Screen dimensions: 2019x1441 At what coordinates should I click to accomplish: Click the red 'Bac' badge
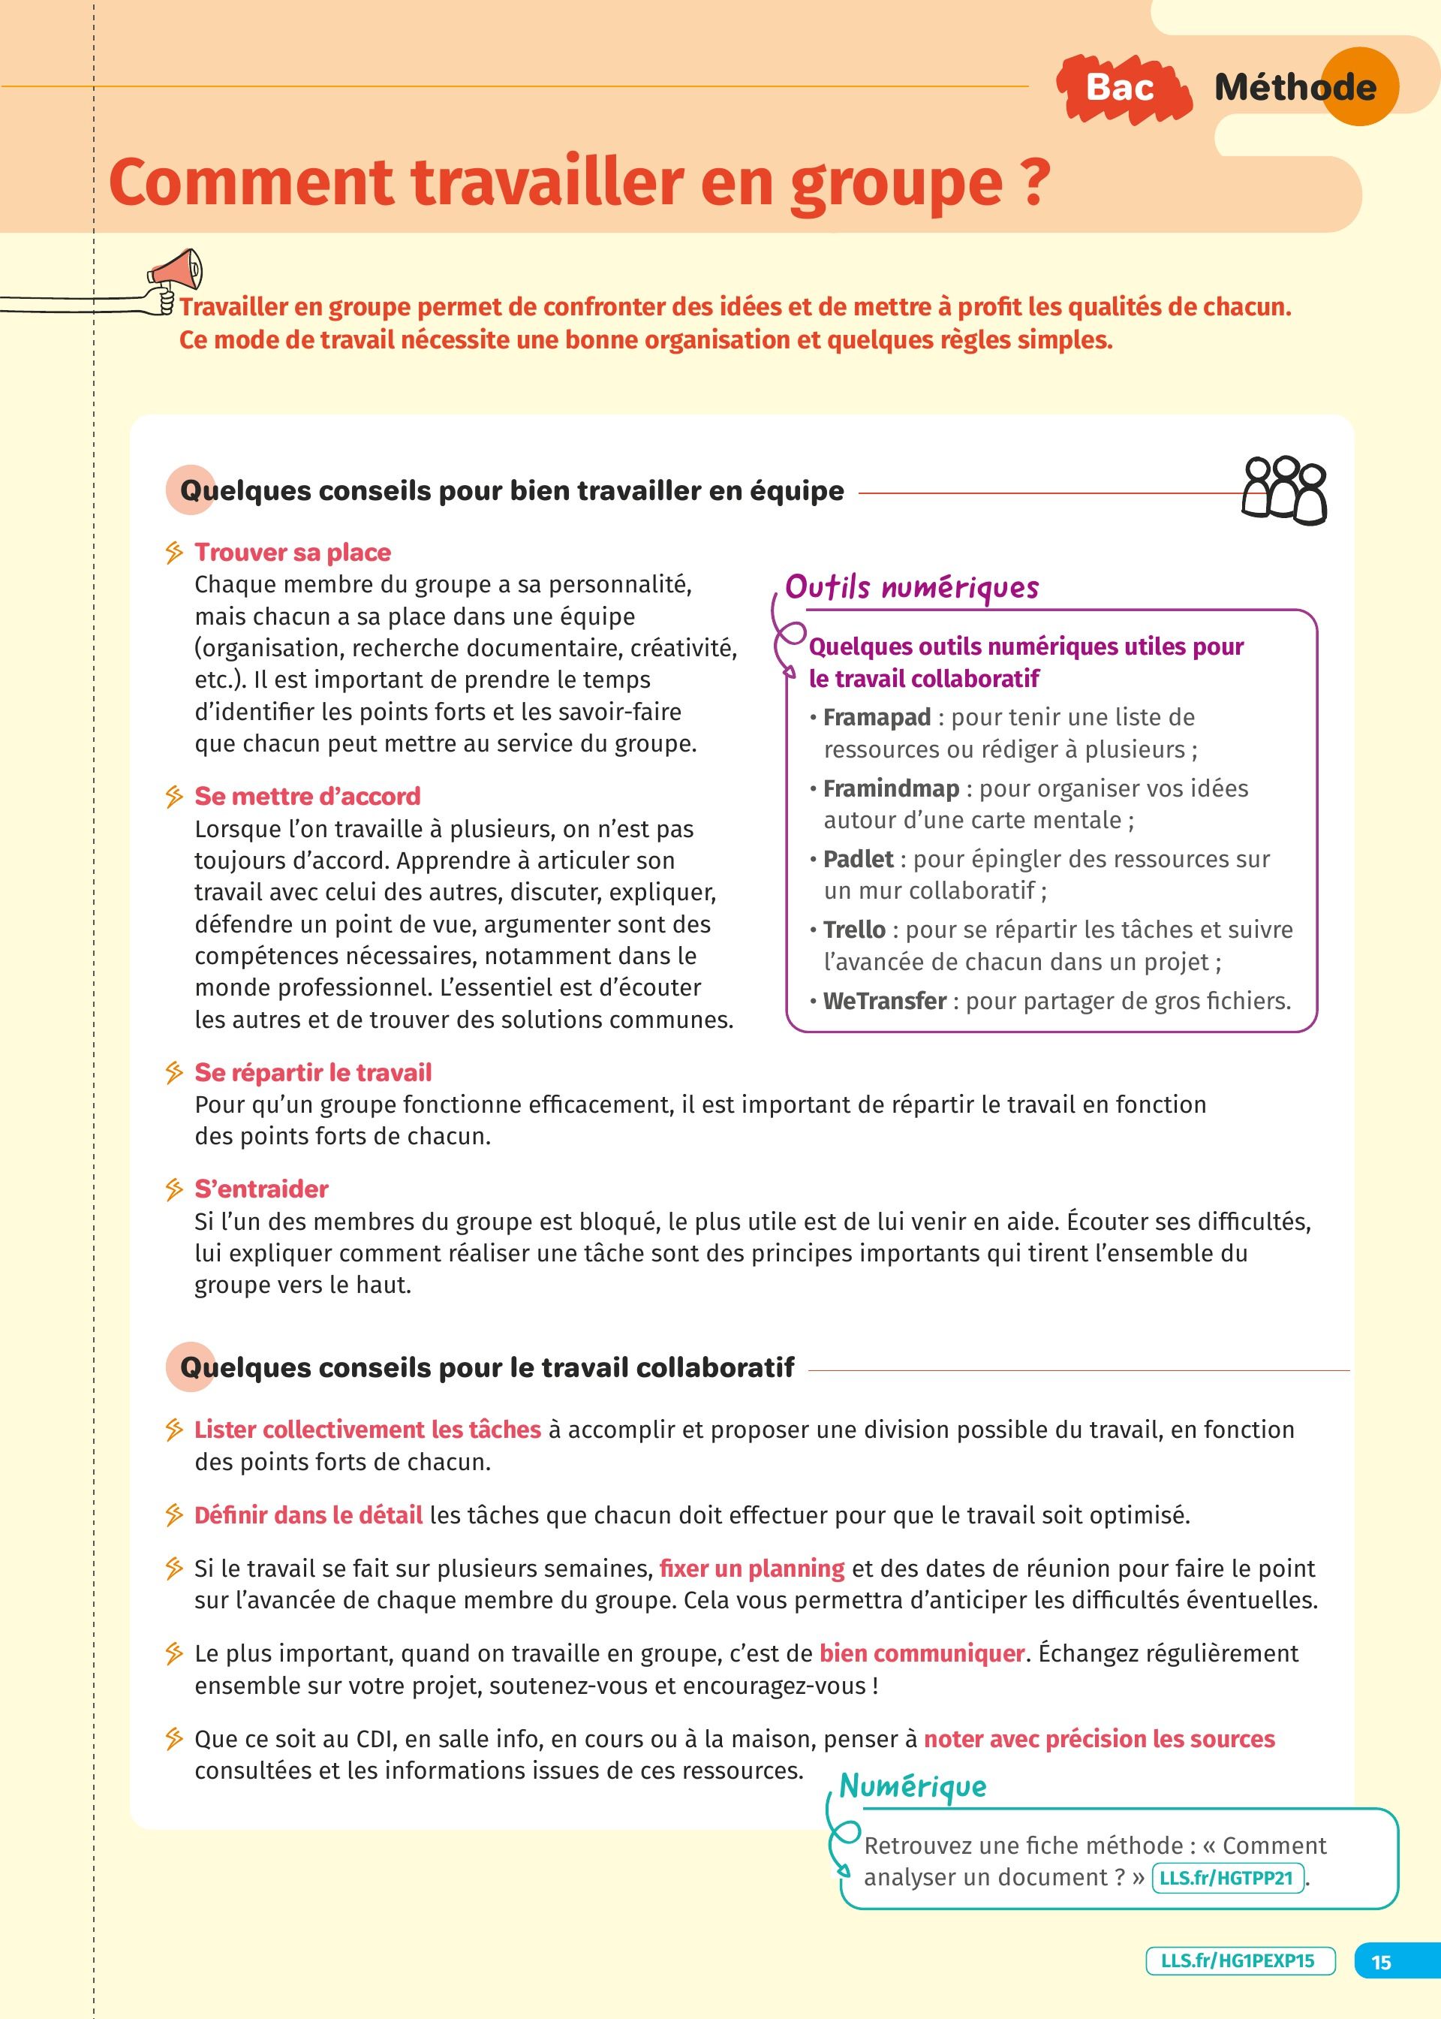[1121, 88]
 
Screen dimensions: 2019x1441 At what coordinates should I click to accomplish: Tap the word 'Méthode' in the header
[1295, 87]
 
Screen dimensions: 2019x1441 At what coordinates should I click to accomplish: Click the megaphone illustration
[177, 272]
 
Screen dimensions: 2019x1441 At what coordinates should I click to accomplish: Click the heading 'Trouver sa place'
[293, 552]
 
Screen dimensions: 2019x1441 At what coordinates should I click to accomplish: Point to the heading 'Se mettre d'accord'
[307, 796]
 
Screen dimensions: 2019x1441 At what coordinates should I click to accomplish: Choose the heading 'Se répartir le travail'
[313, 1072]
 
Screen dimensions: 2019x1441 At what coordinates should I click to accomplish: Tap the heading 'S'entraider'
[261, 1189]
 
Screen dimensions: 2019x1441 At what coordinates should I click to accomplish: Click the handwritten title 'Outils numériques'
[911, 586]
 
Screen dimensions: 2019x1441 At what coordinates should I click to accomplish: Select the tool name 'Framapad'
[877, 717]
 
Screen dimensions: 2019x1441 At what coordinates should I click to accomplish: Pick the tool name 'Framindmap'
[891, 788]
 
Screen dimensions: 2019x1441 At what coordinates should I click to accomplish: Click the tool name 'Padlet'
[858, 859]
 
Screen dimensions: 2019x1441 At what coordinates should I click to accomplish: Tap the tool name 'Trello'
[853, 930]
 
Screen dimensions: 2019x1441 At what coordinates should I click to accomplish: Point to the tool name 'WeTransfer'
[885, 1001]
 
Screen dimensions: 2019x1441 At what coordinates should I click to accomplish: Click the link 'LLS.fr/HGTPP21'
[1227, 1878]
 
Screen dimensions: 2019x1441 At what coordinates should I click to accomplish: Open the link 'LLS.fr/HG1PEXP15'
[1240, 1960]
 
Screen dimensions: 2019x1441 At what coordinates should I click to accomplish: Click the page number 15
[1382, 1961]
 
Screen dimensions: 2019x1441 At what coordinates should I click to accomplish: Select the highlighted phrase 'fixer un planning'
[751, 1568]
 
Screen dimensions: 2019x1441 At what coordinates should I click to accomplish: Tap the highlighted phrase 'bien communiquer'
[922, 1653]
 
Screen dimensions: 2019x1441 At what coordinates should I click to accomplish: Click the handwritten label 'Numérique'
[912, 1785]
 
